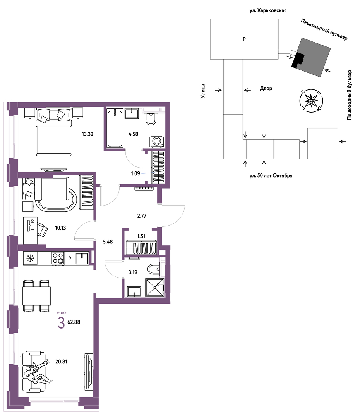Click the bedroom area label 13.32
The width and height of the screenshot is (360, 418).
(x=87, y=134)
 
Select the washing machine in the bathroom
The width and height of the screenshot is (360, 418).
(x=156, y=142)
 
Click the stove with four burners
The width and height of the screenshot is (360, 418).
(x=58, y=258)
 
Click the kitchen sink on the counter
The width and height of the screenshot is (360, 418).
(x=82, y=258)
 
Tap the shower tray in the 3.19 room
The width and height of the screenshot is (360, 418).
(x=154, y=287)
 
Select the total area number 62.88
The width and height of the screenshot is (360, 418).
(x=74, y=322)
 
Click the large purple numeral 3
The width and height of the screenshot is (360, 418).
(x=61, y=323)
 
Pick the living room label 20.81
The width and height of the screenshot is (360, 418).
(x=61, y=362)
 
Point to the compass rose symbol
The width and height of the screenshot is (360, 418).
(x=311, y=101)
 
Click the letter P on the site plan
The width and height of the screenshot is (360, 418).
(x=244, y=39)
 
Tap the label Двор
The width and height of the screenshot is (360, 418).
(x=266, y=89)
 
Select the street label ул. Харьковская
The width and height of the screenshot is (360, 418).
(x=268, y=11)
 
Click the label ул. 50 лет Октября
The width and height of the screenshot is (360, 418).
(x=271, y=176)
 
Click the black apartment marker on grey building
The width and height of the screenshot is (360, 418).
(x=298, y=60)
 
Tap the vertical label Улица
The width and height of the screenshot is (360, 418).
(x=203, y=91)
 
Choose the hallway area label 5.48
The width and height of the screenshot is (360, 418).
(x=108, y=242)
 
